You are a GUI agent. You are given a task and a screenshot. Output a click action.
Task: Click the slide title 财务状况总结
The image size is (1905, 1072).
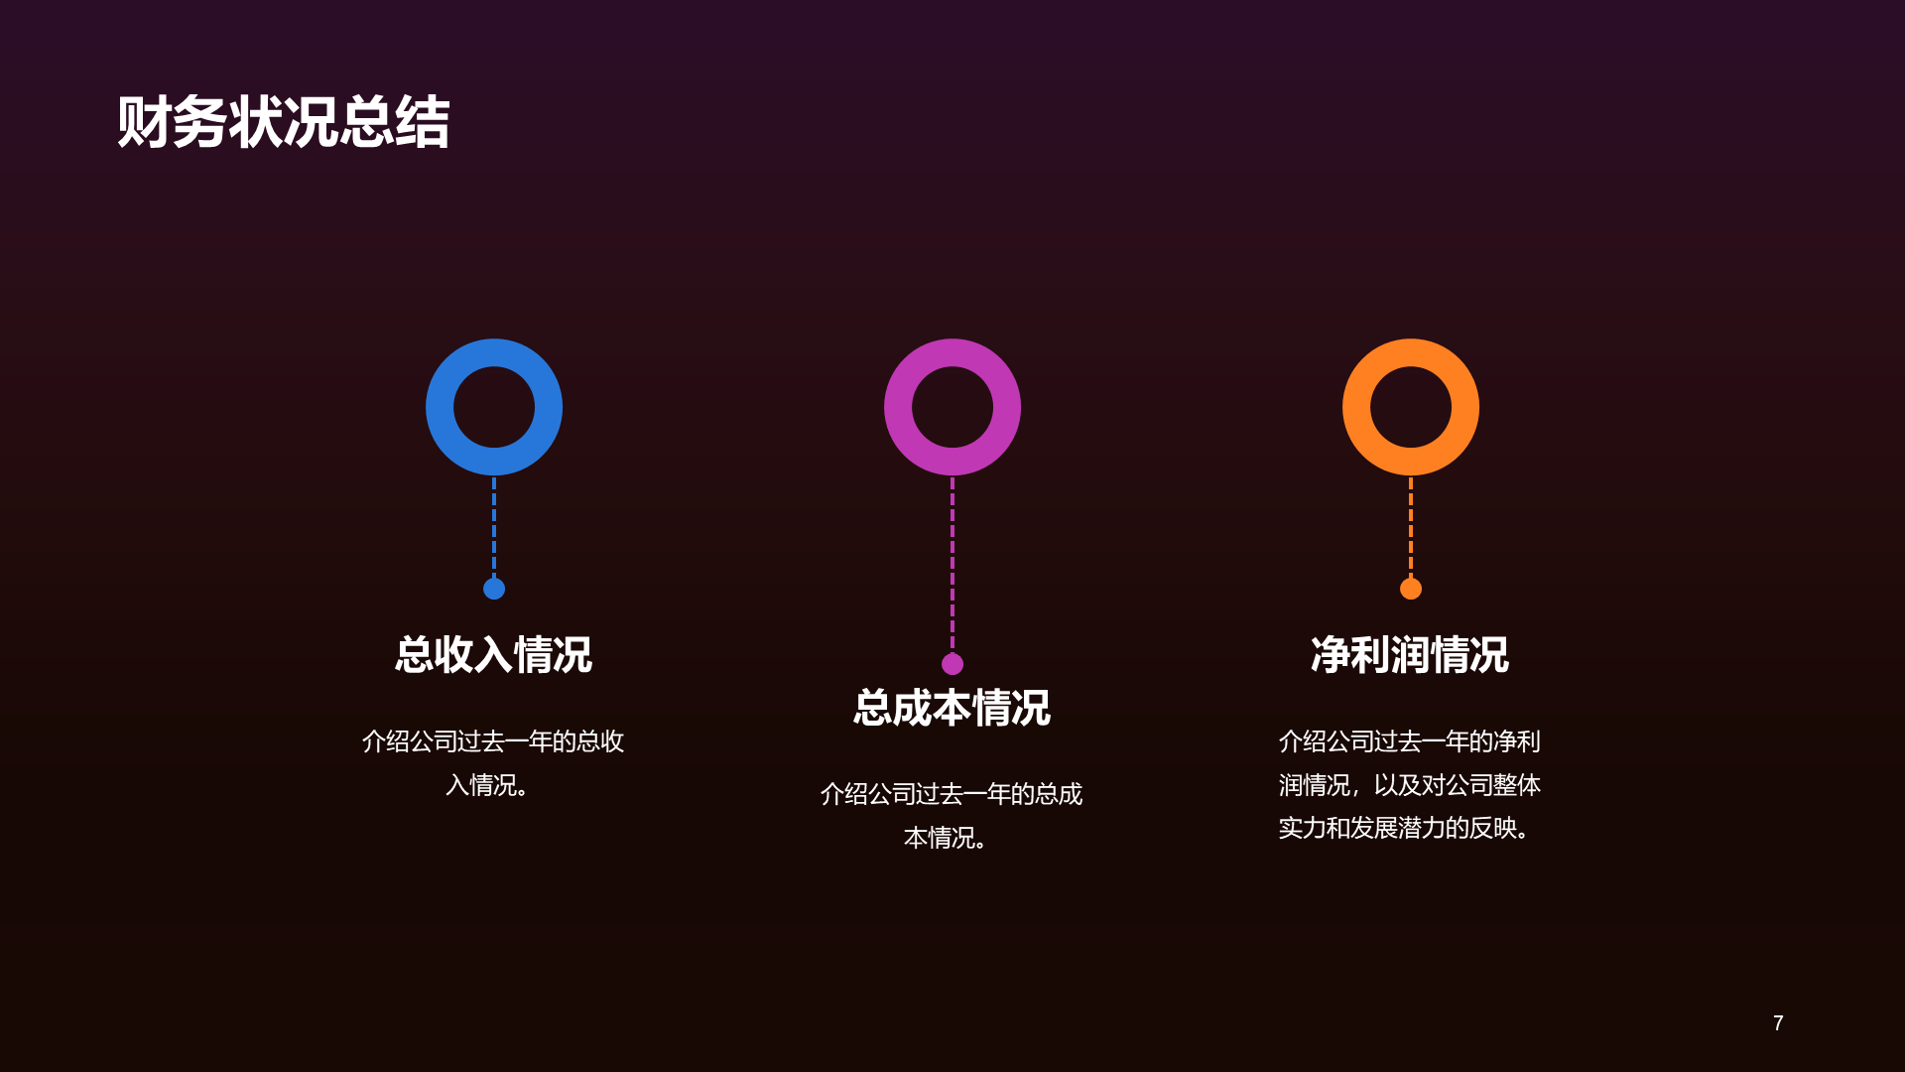[284, 123]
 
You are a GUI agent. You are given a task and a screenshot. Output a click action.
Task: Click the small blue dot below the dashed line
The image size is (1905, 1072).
[494, 589]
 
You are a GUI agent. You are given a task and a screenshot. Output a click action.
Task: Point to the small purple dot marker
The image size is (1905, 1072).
[952, 664]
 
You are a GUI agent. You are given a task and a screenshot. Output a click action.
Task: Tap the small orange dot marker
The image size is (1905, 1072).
[1411, 589]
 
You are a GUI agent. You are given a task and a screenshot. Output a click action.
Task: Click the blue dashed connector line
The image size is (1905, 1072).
[494, 526]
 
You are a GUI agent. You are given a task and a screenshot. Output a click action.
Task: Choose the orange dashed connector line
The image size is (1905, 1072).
[1411, 526]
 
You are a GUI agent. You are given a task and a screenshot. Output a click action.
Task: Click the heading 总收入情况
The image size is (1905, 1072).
[494, 655]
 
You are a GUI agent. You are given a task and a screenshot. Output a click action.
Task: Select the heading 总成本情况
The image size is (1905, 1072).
[952, 709]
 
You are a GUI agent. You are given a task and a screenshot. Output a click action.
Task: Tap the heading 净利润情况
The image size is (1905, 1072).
[1410, 655]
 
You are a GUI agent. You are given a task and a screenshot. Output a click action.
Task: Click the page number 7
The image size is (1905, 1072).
[1778, 1023]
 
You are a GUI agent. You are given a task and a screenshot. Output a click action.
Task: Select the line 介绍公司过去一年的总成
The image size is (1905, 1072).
[952, 794]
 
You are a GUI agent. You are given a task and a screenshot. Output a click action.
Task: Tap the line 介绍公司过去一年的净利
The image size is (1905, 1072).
[1410, 741]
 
